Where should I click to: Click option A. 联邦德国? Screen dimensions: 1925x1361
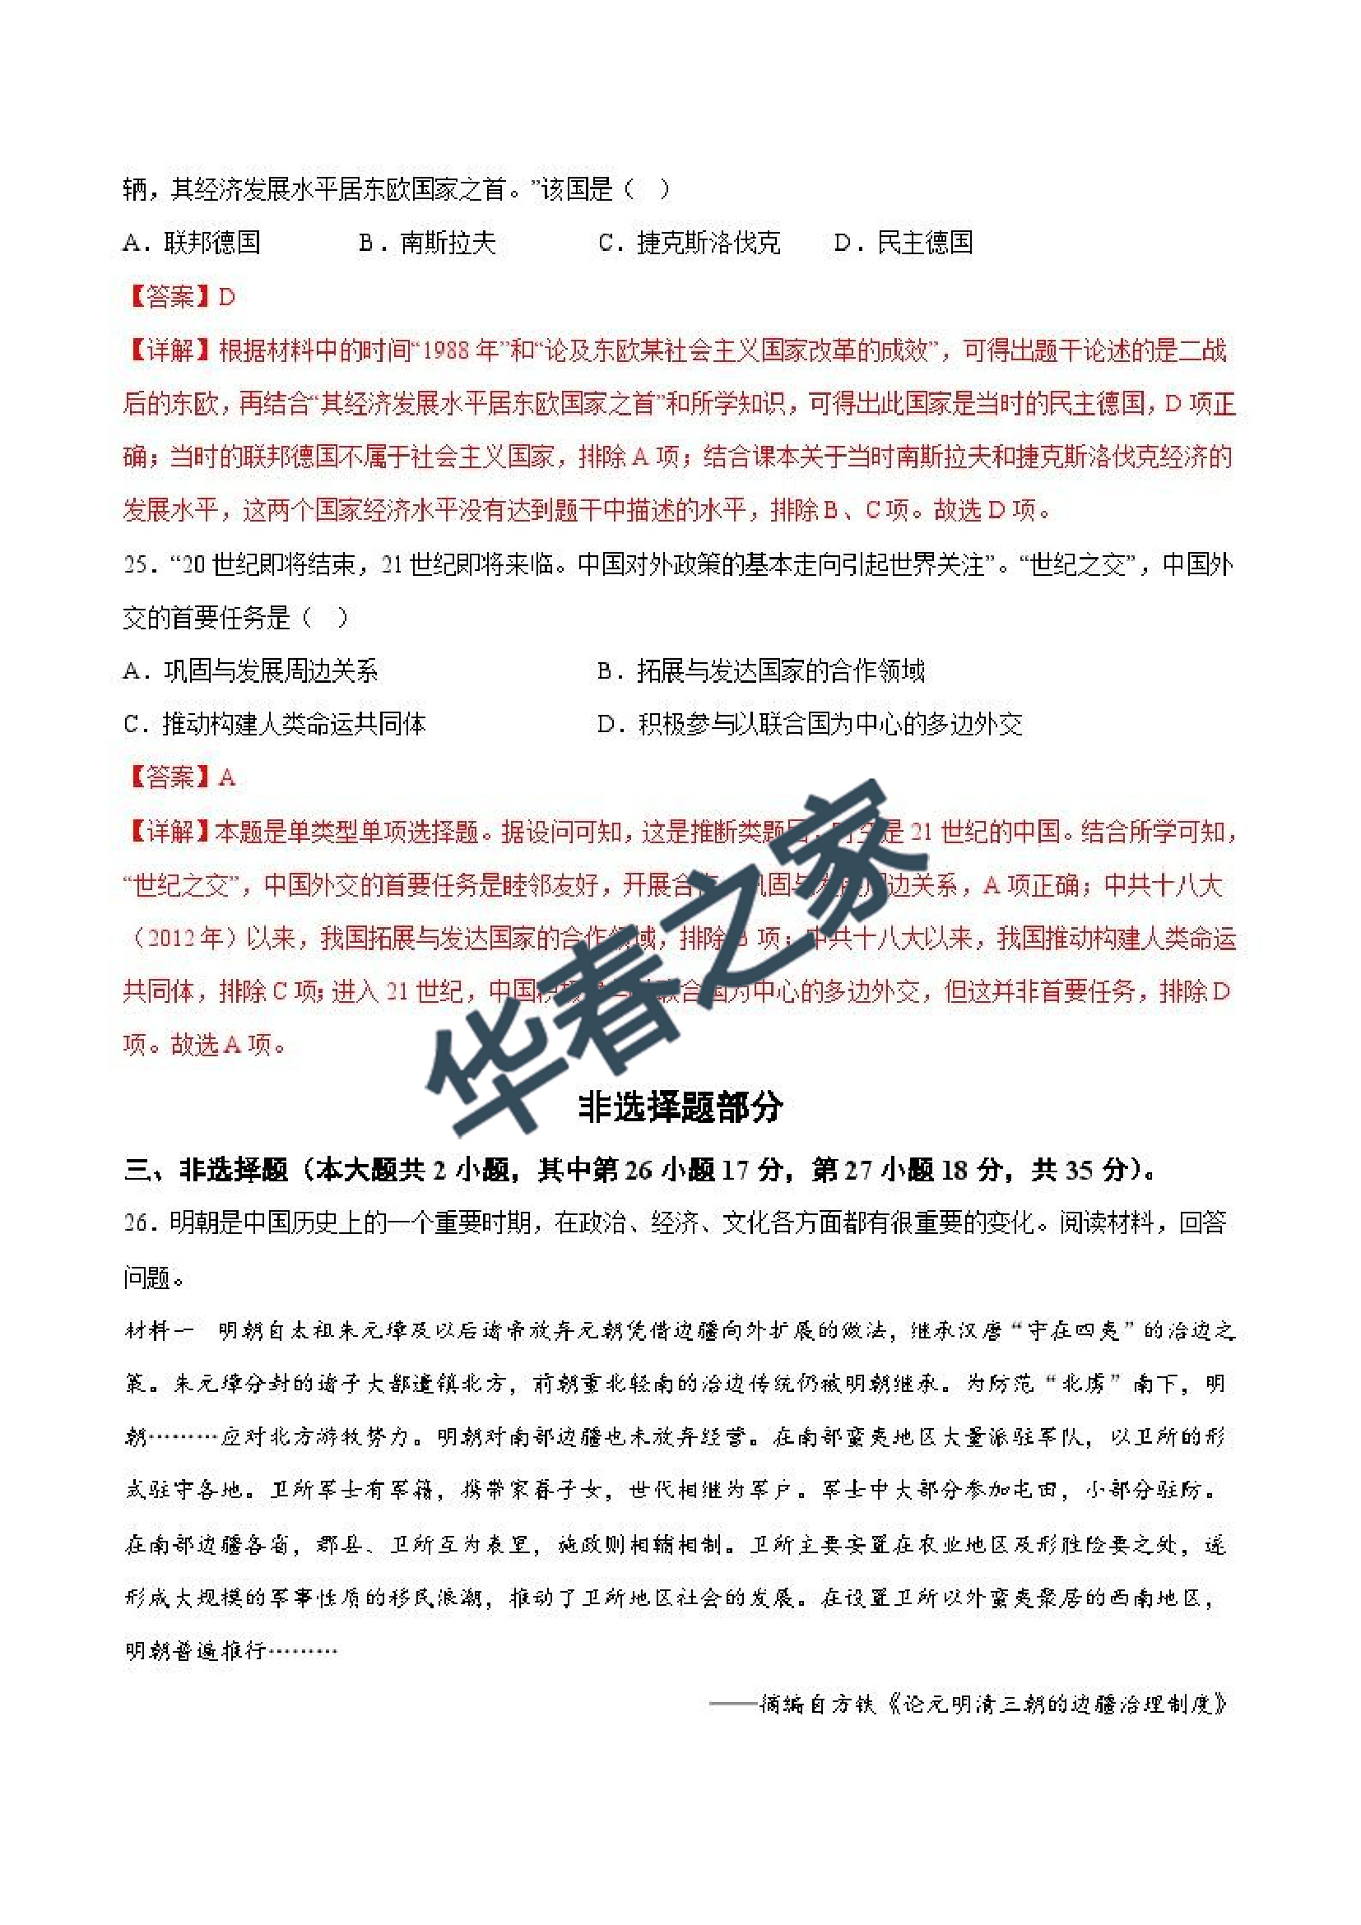(192, 244)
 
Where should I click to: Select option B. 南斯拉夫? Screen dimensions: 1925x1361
(428, 244)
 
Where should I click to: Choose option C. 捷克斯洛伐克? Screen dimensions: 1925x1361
(690, 244)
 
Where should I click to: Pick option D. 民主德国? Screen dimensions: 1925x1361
(903, 244)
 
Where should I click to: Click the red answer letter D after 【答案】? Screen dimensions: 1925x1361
(226, 297)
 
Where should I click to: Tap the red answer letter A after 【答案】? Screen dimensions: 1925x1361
(226, 778)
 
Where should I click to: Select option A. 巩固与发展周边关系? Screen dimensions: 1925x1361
(250, 670)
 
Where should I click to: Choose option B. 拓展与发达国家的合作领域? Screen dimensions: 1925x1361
(760, 670)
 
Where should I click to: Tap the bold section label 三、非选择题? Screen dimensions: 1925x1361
(206, 1170)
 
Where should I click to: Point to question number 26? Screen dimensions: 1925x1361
(137, 1223)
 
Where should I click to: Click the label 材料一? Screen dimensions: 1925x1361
(160, 1330)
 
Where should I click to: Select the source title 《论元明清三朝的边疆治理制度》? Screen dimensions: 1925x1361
(1058, 1704)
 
